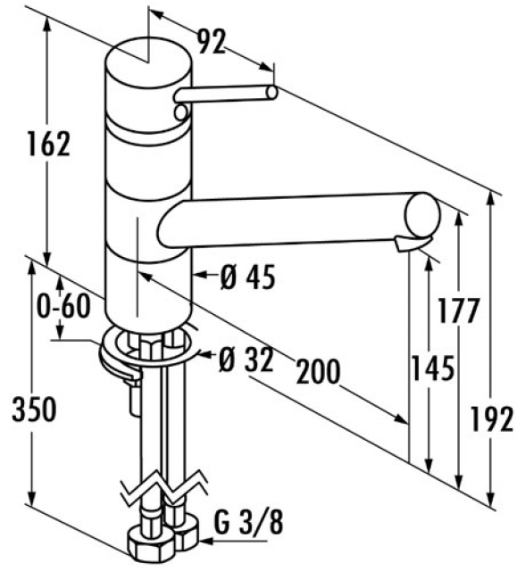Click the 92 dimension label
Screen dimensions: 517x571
(212, 41)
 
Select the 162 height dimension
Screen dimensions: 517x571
(49, 144)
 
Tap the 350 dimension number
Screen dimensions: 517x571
(34, 410)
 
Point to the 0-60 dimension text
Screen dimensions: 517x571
(63, 305)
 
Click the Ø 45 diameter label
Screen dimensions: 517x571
(248, 277)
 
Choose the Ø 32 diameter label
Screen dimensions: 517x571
(246, 360)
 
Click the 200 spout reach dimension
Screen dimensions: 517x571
(318, 372)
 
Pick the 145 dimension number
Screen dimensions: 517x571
(433, 368)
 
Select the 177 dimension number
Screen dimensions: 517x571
(458, 310)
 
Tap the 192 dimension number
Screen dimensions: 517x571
(492, 419)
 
